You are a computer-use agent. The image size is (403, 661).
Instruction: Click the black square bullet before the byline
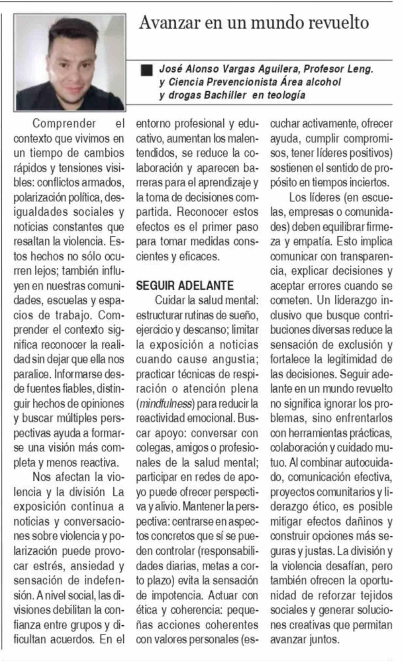point(147,70)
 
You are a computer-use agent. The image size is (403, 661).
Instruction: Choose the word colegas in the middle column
point(153,448)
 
